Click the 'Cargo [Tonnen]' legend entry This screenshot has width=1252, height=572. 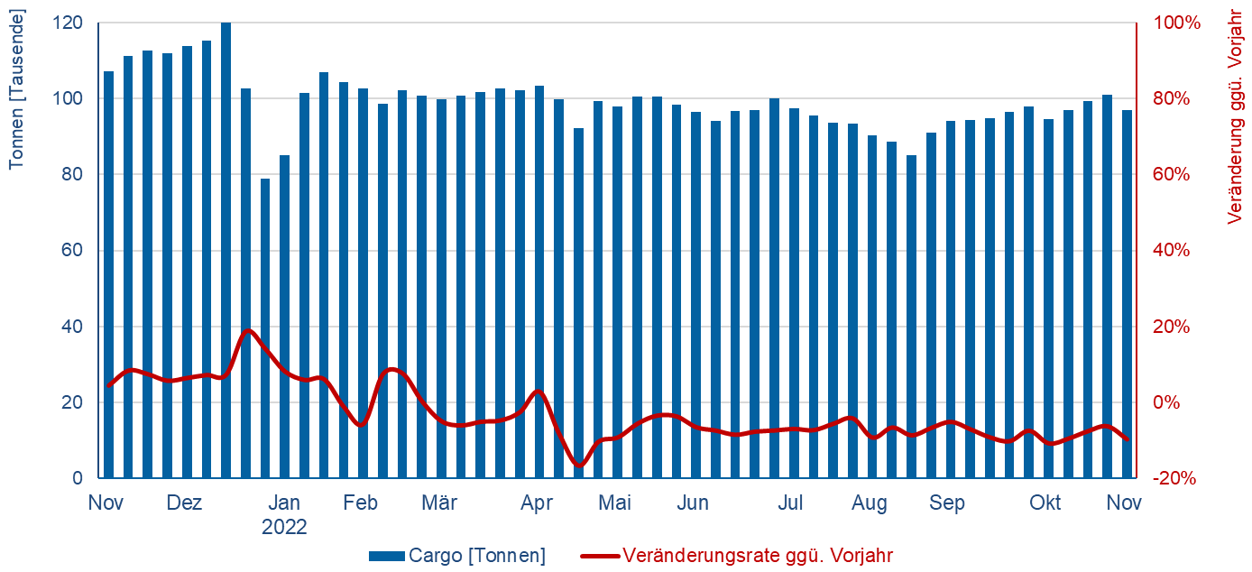(457, 556)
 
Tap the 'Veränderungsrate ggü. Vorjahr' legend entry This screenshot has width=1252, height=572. (738, 556)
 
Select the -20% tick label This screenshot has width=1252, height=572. (1175, 479)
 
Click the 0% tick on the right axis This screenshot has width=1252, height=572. (1169, 402)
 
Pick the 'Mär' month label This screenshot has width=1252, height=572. (439, 503)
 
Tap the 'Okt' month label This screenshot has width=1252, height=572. (1046, 503)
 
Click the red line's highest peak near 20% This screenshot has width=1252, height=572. (250, 330)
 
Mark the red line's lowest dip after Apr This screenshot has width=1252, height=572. (579, 466)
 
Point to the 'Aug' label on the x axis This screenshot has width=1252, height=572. (870, 503)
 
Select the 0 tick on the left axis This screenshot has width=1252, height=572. (78, 479)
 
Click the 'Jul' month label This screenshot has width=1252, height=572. (791, 503)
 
